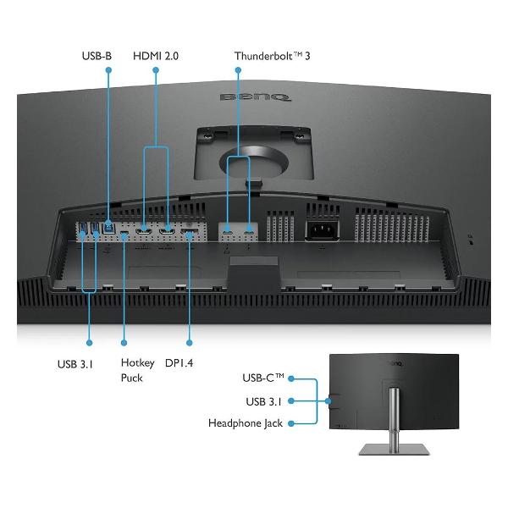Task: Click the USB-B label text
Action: [x=97, y=56]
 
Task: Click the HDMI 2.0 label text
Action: [x=156, y=56]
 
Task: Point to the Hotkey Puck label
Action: [x=137, y=370]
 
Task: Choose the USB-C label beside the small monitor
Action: [x=264, y=378]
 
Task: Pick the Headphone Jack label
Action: [x=246, y=422]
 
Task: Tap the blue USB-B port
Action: [x=109, y=228]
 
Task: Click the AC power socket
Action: [x=321, y=229]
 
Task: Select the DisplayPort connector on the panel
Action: [x=190, y=229]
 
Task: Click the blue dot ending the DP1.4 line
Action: [x=190, y=343]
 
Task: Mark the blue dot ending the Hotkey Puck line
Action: [x=124, y=343]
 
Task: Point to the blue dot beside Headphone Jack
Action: [x=292, y=422]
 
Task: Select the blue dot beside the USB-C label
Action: [x=292, y=378]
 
